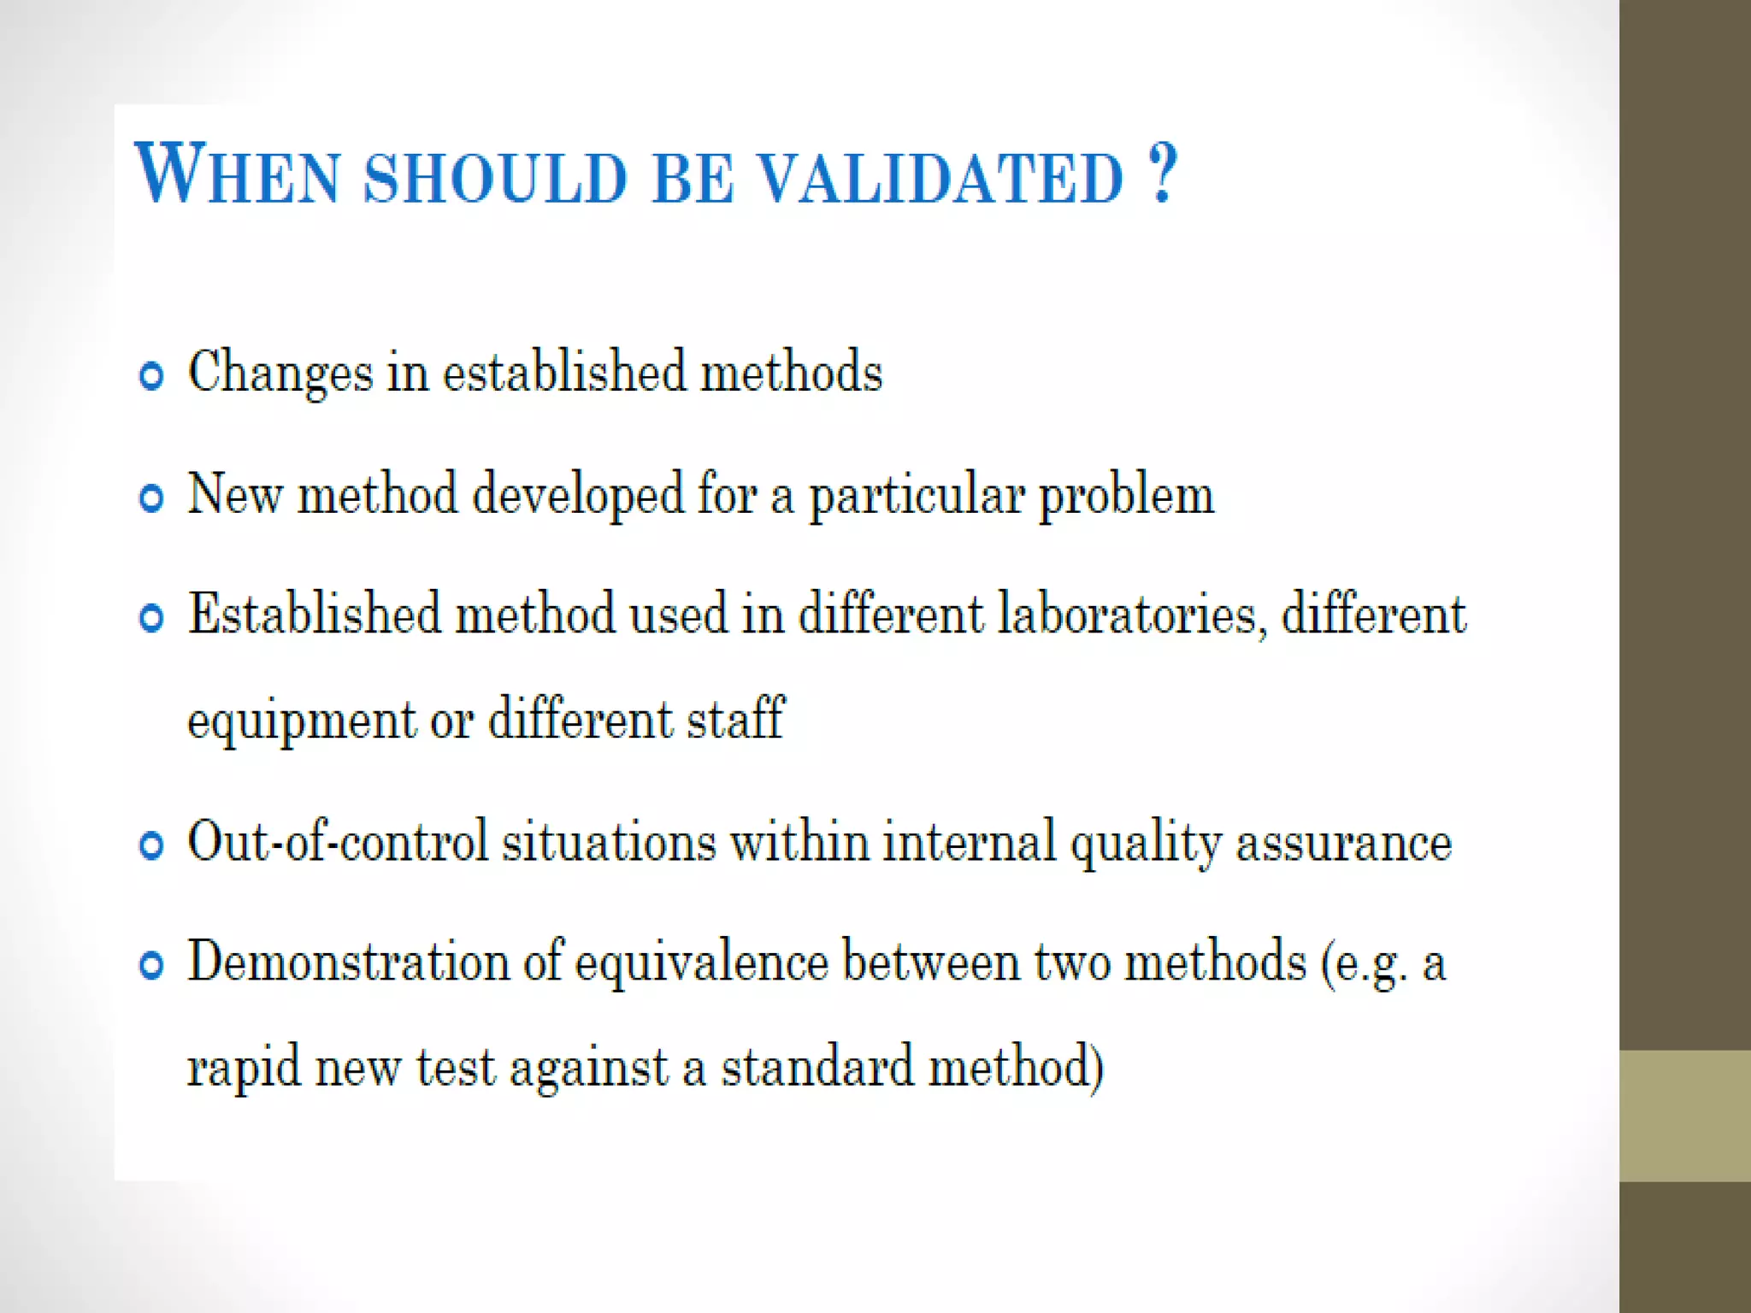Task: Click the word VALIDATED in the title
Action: [940, 178]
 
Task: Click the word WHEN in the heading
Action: [237, 175]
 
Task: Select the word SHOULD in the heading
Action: [496, 178]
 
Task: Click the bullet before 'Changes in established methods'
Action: [151, 375]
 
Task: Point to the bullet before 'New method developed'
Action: [151, 498]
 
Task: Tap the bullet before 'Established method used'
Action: [151, 617]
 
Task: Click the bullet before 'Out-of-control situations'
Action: [151, 845]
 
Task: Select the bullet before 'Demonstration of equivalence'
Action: [151, 965]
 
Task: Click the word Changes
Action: [280, 374]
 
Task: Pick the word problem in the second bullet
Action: [1126, 496]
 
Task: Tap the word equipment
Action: [301, 721]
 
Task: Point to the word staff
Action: [735, 718]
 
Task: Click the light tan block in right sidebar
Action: [1684, 1116]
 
